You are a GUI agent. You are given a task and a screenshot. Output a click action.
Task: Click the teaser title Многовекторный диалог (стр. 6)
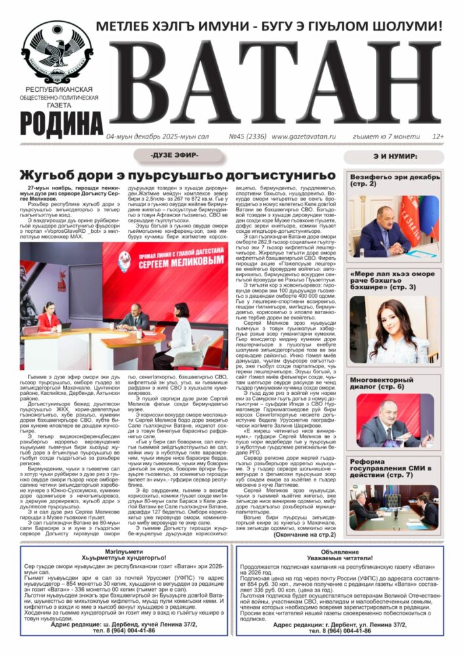pos(391,383)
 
